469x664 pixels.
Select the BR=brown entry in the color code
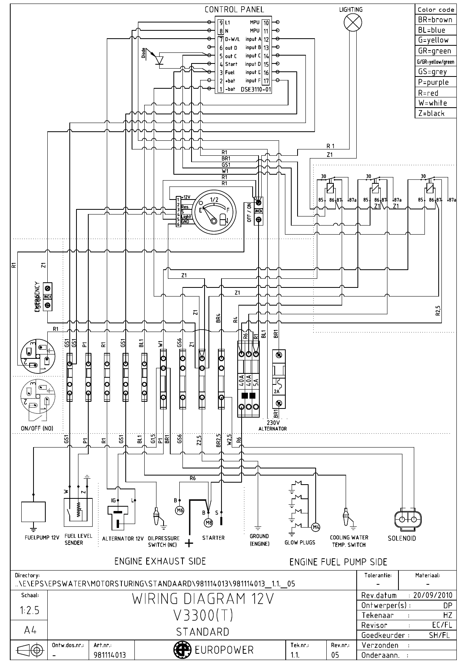[435, 20]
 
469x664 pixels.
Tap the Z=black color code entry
[431, 113]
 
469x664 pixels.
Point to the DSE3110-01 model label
[256, 89]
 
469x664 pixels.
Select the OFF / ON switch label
[249, 213]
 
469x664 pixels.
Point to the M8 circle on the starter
[208, 523]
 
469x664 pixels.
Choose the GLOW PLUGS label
[300, 543]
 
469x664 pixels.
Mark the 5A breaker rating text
[256, 381]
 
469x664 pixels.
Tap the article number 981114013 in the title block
[110, 655]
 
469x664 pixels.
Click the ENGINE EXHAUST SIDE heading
[160, 561]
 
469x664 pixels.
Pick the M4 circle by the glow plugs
[316, 527]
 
